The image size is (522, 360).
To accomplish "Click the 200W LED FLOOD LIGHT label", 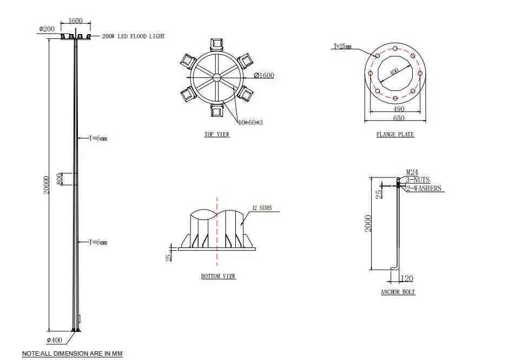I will [133, 36].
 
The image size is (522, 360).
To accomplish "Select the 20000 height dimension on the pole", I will [47, 185].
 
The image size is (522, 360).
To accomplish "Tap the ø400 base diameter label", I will [55, 340].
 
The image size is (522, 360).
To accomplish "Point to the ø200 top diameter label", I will [47, 28].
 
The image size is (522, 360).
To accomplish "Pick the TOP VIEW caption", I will [216, 134].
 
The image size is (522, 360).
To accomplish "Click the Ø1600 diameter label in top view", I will [263, 75].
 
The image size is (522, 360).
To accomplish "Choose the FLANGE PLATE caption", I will [395, 134].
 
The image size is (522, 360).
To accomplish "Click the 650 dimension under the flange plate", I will [398, 118].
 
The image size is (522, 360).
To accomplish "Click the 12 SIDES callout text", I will [262, 208].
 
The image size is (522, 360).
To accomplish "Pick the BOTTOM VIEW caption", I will [218, 276].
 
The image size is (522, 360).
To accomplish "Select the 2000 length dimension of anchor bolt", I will [368, 223].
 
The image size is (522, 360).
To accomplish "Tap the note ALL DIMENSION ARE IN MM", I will [72, 354].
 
